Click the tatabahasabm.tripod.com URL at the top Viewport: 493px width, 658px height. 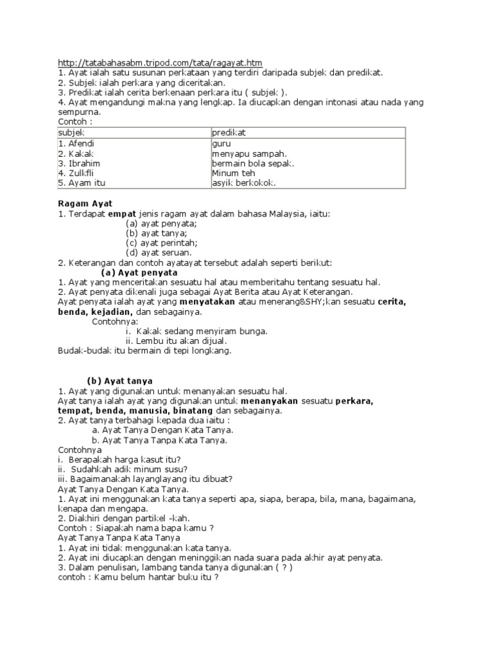click(160, 62)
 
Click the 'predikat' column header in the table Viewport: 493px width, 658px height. click(230, 132)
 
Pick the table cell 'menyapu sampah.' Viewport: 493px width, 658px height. click(249, 154)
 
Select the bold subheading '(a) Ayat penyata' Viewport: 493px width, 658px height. click(139, 272)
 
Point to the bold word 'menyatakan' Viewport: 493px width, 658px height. click(206, 301)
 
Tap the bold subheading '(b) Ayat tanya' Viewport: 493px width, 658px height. click(120, 380)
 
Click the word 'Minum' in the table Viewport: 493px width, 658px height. click(224, 173)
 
